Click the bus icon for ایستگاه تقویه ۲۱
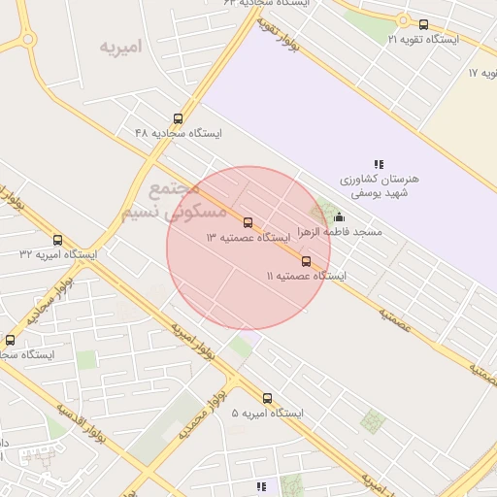tap(423, 24)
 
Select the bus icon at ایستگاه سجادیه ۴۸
tap(177, 118)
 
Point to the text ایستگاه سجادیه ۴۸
tap(179, 133)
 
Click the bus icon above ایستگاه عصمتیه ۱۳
tap(248, 222)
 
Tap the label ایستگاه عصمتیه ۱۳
tap(248, 238)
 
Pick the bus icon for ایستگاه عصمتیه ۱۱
tap(307, 261)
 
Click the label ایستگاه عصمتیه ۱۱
tap(307, 277)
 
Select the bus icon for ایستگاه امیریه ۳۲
tap(57, 240)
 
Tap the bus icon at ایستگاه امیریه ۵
tap(267, 398)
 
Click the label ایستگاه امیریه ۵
tap(267, 414)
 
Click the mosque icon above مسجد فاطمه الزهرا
tap(339, 217)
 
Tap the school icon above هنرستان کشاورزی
tap(379, 164)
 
